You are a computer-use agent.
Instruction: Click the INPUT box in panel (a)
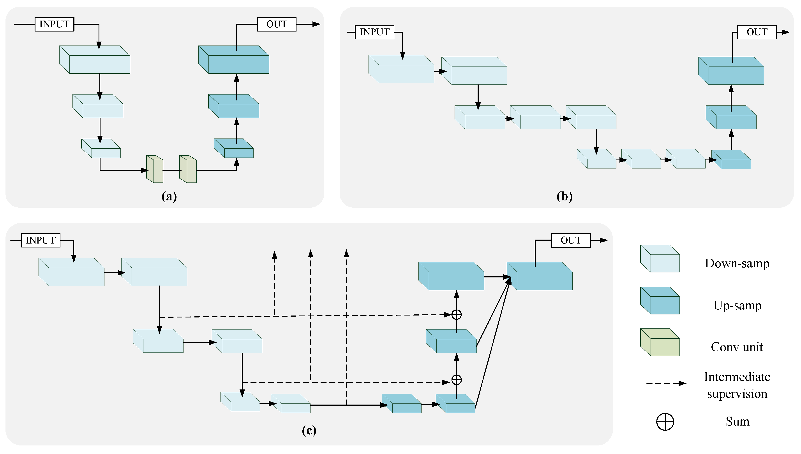click(54, 24)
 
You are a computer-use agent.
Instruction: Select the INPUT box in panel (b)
click(374, 32)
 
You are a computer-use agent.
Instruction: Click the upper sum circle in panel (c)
click(457, 315)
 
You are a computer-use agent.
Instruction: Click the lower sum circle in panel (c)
click(457, 380)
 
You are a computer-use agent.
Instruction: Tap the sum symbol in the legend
click(665, 422)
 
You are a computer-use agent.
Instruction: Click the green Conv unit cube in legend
click(660, 342)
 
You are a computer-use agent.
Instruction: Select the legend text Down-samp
click(737, 263)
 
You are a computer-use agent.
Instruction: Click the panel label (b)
click(565, 196)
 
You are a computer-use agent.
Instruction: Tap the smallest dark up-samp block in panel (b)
click(731, 160)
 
